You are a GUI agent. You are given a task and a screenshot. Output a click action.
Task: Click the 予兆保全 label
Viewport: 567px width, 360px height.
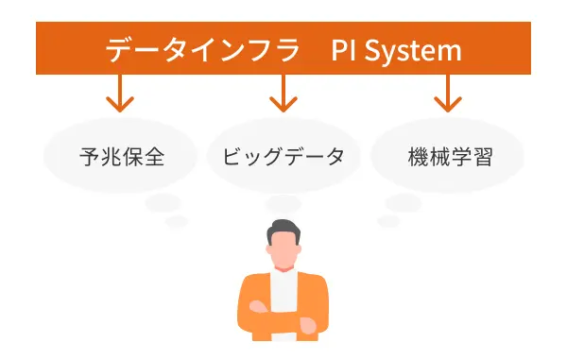point(122,156)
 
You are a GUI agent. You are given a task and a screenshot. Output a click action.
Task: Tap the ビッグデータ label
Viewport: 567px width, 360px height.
point(283,156)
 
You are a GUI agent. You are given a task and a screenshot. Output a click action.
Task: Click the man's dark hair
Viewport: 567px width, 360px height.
point(283,230)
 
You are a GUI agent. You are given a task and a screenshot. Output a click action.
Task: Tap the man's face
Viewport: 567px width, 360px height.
point(283,249)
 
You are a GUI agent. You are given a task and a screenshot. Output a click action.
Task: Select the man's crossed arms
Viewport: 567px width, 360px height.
point(283,322)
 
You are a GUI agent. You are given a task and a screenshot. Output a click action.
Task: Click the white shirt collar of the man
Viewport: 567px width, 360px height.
point(283,276)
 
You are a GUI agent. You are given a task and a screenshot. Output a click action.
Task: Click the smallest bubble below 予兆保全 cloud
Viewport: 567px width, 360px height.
point(177,221)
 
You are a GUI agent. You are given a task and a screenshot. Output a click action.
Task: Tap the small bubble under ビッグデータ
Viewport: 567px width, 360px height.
point(283,202)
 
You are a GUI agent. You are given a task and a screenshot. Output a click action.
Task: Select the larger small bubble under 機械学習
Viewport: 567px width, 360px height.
point(404,201)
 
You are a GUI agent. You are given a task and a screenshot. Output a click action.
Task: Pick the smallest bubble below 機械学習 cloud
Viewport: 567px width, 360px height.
point(388,221)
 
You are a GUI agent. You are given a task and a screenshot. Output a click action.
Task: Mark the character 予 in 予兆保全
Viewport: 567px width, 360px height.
point(91,156)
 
